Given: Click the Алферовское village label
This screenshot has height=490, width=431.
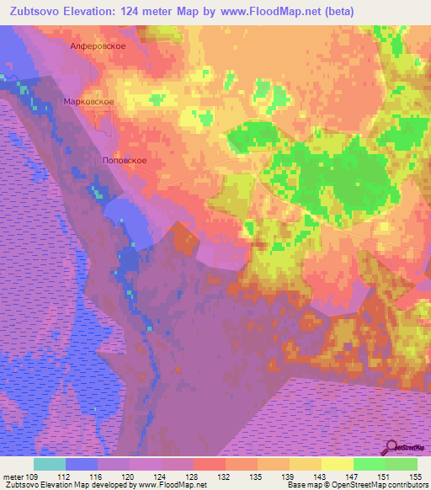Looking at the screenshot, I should coord(98,46).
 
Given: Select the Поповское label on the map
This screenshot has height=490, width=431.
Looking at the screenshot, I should coord(125,160).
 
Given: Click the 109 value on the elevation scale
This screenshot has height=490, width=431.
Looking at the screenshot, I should coord(34,477).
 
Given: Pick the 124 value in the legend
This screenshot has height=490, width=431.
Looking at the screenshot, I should coord(161,477).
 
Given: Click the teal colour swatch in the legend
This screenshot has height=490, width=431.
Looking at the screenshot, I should coord(50,464).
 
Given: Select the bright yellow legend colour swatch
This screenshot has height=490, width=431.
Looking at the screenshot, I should coord(338,464).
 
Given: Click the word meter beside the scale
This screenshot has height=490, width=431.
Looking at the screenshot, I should coord(13,477).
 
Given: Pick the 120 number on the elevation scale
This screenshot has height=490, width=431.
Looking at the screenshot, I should coord(129,477).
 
